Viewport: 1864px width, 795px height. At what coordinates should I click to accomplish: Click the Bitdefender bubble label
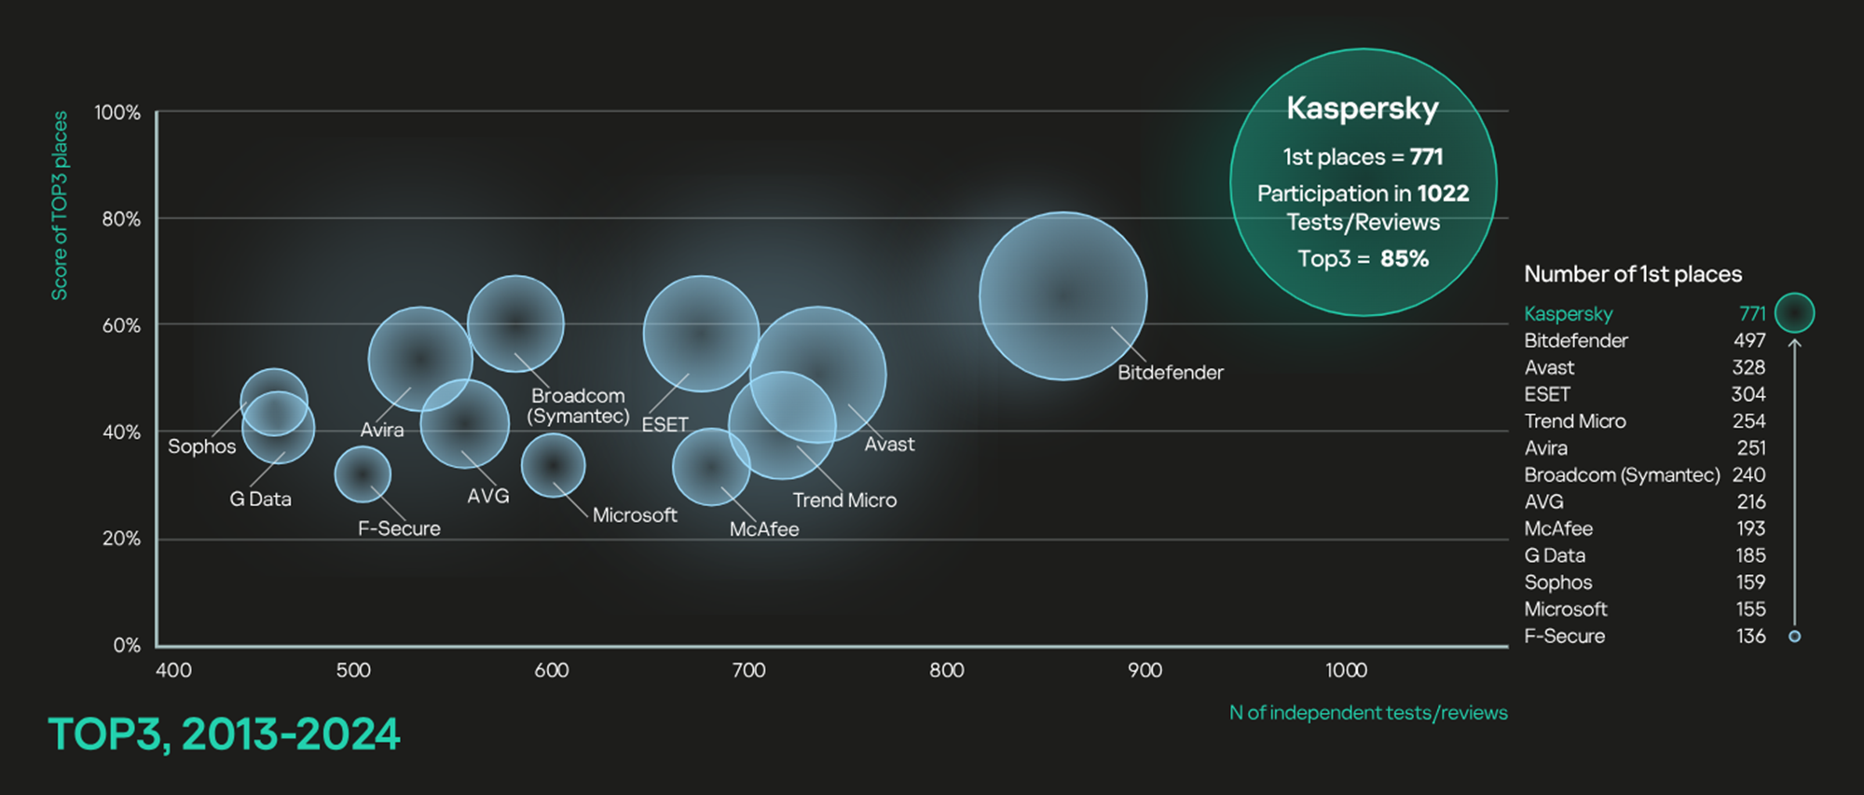(1170, 373)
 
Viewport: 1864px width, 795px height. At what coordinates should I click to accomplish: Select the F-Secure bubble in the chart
(363, 474)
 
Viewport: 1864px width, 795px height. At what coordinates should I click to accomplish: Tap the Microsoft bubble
(554, 465)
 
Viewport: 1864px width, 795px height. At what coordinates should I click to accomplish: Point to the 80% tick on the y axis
(121, 219)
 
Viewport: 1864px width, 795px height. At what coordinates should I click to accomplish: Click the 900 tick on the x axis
(1144, 670)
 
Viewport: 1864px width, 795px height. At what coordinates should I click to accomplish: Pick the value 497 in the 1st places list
(1748, 341)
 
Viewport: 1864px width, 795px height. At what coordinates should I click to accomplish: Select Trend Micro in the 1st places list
(1574, 421)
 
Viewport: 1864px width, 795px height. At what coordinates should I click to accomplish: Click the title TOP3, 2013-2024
(224, 734)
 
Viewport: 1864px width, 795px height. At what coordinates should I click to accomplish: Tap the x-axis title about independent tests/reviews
(1367, 713)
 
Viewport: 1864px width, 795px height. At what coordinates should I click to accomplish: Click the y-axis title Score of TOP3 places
(60, 206)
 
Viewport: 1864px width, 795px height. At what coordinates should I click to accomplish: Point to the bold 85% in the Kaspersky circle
(1404, 259)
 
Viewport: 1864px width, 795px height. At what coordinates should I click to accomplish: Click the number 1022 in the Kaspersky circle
(1443, 194)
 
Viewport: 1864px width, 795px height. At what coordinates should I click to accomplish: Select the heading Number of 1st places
(1632, 274)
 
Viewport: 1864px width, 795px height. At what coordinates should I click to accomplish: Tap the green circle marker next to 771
(1794, 313)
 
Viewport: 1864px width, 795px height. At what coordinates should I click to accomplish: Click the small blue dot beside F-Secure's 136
(1794, 637)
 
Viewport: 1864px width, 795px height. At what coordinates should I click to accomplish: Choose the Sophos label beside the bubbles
(201, 446)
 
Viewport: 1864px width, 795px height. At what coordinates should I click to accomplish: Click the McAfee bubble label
(763, 529)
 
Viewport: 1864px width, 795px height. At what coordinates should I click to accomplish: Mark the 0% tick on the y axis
(127, 645)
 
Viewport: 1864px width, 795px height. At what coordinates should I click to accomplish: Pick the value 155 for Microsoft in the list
(1749, 610)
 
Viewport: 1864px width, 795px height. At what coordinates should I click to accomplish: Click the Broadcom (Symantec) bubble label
(578, 406)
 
